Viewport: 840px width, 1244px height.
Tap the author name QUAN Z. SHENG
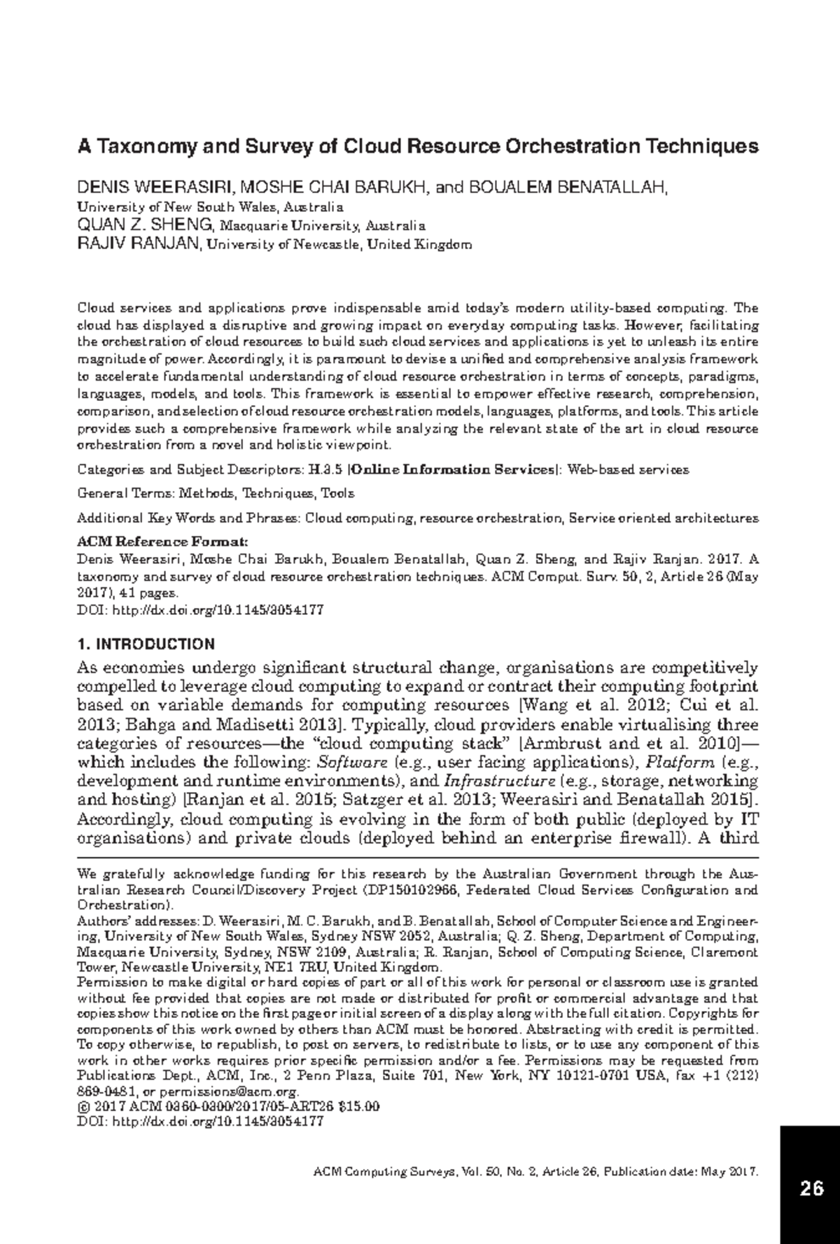(x=145, y=225)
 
